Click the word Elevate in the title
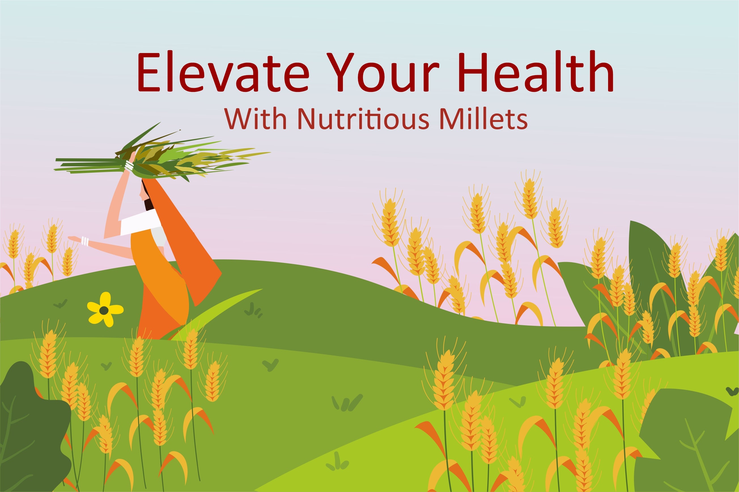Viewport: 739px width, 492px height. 223,73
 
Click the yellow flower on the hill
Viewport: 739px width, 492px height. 105,309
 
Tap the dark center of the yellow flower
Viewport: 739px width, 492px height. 104,310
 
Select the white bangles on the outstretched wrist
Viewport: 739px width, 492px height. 85,241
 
